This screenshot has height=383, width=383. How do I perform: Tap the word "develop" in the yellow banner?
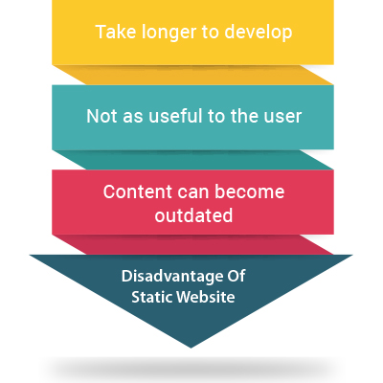(x=259, y=34)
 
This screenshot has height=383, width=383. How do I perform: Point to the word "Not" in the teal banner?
(x=101, y=116)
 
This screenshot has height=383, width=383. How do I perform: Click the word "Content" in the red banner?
(x=138, y=191)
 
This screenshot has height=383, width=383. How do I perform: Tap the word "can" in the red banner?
(x=194, y=193)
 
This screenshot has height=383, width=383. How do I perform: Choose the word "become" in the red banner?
(x=250, y=191)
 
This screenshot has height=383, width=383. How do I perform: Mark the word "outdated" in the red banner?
(x=193, y=215)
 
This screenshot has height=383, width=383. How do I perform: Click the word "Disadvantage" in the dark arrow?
(x=171, y=277)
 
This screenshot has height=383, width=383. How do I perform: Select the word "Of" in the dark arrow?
(x=236, y=276)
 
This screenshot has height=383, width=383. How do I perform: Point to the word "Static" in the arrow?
(x=151, y=297)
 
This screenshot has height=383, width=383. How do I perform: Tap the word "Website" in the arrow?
(x=206, y=297)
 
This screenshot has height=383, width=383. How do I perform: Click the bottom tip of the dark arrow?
(x=191, y=348)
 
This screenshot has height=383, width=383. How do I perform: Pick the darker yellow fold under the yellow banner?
(x=193, y=75)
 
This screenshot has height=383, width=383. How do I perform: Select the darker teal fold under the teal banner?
(x=193, y=160)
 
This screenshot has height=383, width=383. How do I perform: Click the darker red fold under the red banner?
(x=193, y=244)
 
